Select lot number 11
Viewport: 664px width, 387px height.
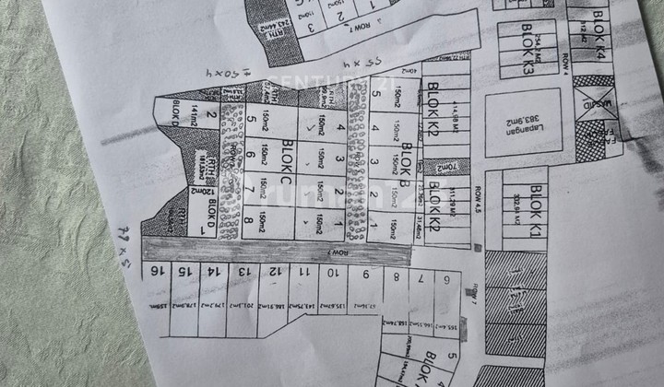coord(302,273)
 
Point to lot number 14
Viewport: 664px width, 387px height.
coord(212,272)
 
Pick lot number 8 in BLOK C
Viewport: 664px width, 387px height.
coord(248,222)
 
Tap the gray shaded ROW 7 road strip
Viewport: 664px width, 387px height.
coord(277,251)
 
